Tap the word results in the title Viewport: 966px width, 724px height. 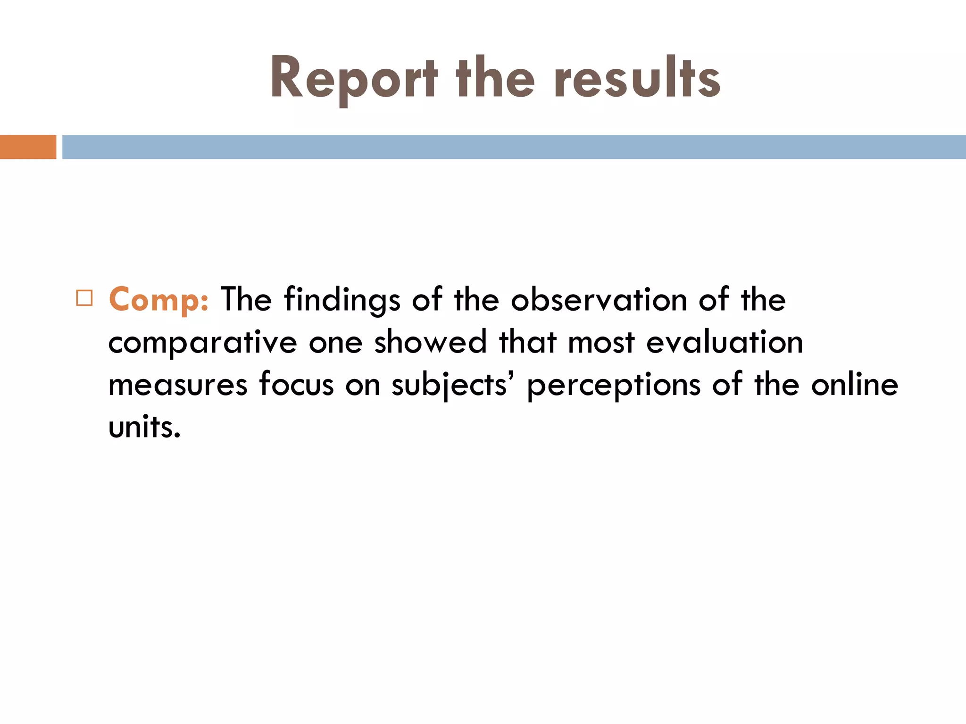(x=637, y=79)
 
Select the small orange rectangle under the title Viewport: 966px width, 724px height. (x=28, y=147)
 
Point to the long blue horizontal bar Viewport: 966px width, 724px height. (x=514, y=147)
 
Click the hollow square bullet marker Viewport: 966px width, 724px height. (x=84, y=298)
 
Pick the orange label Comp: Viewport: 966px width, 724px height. (x=158, y=300)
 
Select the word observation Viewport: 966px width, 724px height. (x=599, y=300)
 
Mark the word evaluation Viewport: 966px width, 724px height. (x=724, y=342)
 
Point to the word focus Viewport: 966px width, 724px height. (x=297, y=385)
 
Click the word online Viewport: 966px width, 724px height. (x=855, y=385)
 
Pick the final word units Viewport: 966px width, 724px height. (x=144, y=427)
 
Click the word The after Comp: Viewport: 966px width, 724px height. (x=246, y=300)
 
